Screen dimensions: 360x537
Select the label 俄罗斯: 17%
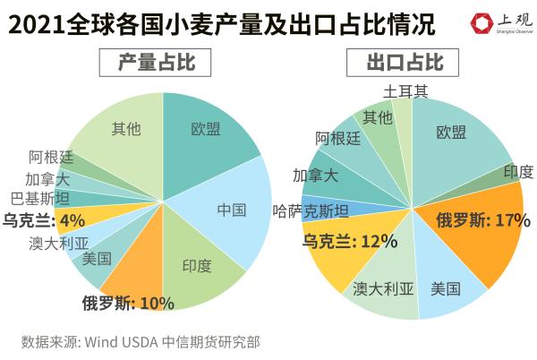[x=483, y=219]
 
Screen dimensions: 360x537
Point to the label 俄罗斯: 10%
[x=128, y=303]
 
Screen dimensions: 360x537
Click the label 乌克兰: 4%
[x=44, y=219]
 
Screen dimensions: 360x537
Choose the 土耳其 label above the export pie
[x=405, y=91]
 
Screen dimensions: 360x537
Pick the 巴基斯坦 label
[x=39, y=198]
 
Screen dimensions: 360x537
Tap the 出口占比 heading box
[x=405, y=64]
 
